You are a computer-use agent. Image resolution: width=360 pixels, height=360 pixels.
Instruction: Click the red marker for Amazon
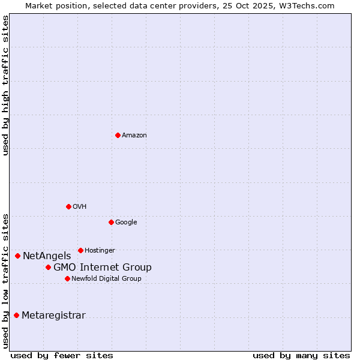(x=118, y=135)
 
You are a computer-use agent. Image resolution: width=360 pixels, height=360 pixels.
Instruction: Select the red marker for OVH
(x=68, y=206)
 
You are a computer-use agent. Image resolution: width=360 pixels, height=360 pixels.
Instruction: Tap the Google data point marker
(x=111, y=222)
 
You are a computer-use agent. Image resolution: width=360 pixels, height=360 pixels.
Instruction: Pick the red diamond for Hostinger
(x=80, y=250)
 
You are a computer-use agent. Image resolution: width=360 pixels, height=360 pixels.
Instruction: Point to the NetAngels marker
(x=17, y=256)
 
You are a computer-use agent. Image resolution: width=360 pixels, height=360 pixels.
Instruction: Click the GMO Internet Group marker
(x=48, y=267)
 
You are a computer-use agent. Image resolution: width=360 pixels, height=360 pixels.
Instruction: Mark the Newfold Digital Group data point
(x=67, y=278)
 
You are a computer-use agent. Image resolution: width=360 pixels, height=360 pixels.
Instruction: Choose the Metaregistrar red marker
(x=16, y=316)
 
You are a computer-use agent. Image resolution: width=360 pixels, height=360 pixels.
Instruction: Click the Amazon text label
(x=134, y=135)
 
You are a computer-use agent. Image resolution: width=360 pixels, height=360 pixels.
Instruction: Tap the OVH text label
(x=80, y=206)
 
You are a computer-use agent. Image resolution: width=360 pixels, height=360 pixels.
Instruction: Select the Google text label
(x=126, y=222)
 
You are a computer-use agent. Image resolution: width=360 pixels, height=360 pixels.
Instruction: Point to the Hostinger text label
(x=100, y=250)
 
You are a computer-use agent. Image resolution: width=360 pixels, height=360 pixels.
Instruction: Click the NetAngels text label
(x=47, y=256)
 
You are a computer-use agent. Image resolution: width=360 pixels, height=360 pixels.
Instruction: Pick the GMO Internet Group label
(x=103, y=267)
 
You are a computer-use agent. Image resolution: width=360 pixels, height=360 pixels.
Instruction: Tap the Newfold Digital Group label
(x=106, y=278)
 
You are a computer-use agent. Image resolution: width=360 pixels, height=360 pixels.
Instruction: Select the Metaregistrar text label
(x=53, y=316)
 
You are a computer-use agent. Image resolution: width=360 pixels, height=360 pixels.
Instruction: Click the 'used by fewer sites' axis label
(x=62, y=355)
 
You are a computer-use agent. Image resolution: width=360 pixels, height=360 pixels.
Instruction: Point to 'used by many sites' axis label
(x=301, y=355)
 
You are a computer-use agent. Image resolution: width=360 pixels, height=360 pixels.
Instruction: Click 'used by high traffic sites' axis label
(x=5, y=85)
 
